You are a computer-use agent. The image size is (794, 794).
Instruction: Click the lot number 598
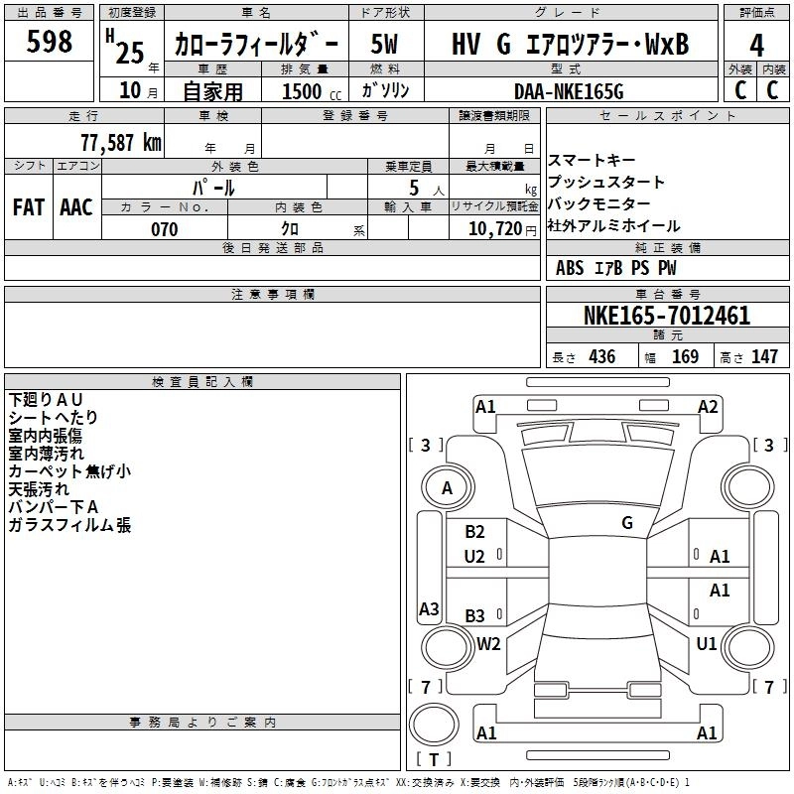(x=50, y=42)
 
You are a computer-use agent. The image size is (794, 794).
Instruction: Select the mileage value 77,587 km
(x=121, y=142)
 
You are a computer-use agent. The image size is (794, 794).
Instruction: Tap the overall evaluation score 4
(x=756, y=46)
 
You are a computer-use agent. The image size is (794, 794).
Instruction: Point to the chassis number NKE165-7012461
(x=667, y=317)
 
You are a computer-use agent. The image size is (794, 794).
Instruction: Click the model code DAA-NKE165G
(x=569, y=91)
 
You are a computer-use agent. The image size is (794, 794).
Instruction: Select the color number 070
(x=164, y=229)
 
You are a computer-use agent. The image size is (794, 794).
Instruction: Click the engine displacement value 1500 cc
(x=307, y=91)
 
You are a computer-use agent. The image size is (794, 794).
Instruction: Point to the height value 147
(x=764, y=356)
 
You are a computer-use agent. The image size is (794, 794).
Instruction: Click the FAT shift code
(x=29, y=206)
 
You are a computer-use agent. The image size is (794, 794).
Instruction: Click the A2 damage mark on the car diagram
(x=708, y=406)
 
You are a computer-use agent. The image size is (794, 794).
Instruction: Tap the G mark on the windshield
(x=627, y=523)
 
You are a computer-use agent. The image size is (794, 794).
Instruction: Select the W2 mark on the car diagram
(x=488, y=643)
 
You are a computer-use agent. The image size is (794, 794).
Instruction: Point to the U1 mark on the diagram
(x=707, y=643)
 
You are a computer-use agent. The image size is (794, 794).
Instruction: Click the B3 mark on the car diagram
(x=475, y=615)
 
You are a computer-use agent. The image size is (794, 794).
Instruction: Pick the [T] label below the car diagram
(x=434, y=760)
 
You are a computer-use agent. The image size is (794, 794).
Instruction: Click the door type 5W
(x=385, y=46)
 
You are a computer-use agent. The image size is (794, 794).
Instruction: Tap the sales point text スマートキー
(x=593, y=161)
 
